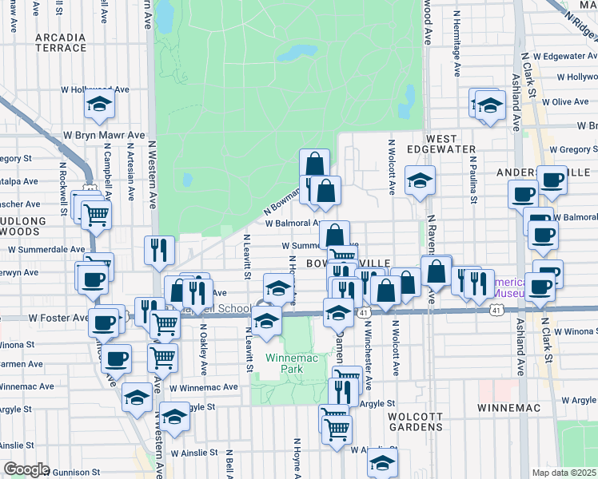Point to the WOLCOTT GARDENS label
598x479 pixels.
click(x=415, y=422)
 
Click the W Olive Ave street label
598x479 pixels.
click(x=564, y=102)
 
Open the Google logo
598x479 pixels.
click(x=26, y=469)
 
